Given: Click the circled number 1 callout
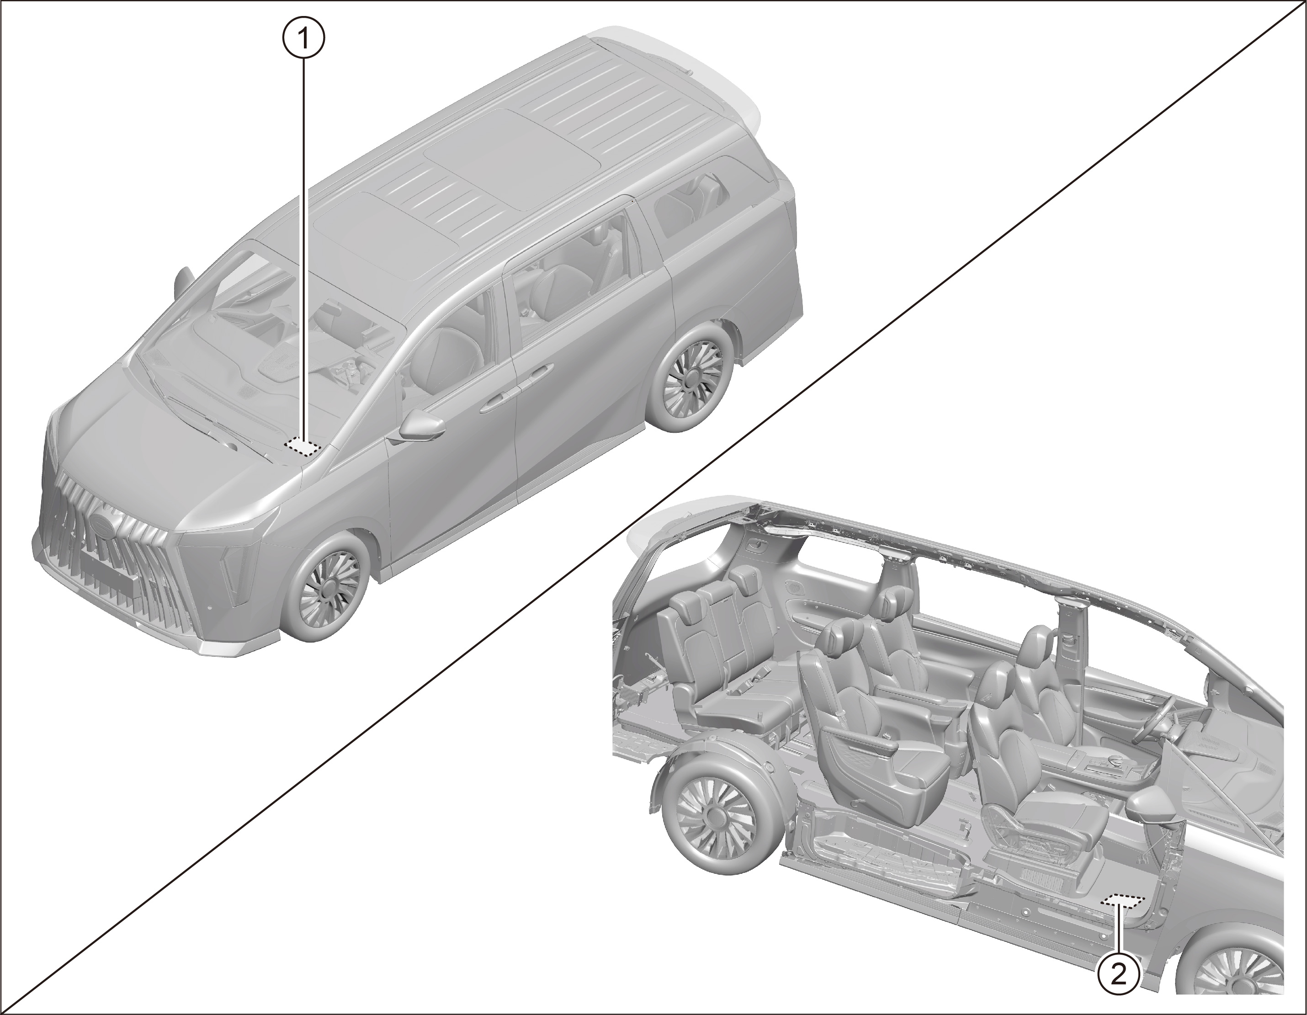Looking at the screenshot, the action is pos(303,39).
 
